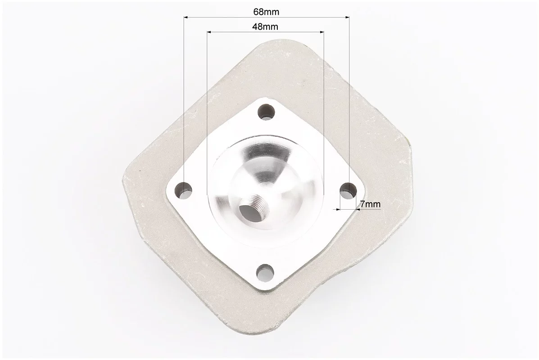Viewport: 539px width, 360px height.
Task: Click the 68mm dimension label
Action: click(266, 12)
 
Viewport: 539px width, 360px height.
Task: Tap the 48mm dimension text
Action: click(265, 27)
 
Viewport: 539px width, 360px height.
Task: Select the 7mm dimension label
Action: click(370, 204)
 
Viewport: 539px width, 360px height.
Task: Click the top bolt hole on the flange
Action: click(267, 112)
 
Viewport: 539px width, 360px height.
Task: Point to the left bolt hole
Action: click(184, 189)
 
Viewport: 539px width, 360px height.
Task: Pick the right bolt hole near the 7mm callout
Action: click(348, 190)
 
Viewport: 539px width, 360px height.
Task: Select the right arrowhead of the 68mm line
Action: click(347, 17)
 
